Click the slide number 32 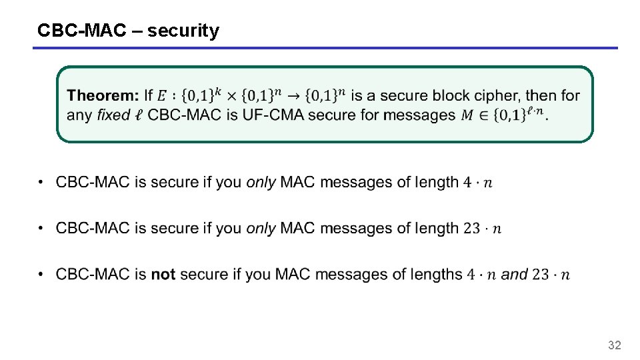click(x=614, y=345)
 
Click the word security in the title click(x=183, y=31)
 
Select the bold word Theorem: click(x=103, y=96)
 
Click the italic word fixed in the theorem click(x=113, y=115)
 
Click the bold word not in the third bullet click(x=163, y=274)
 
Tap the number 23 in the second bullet click(x=472, y=228)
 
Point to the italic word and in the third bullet click(x=514, y=274)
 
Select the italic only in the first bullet click(x=261, y=182)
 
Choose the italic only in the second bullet click(x=261, y=228)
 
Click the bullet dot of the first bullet click(x=41, y=182)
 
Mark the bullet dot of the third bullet click(x=41, y=274)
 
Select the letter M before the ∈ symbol click(x=469, y=115)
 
